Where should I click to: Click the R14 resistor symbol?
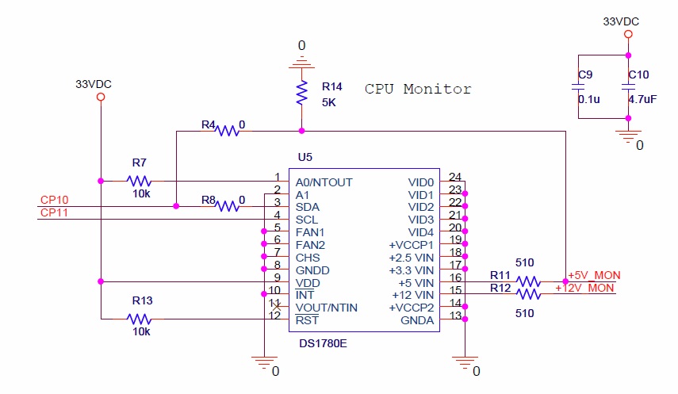coord(301,93)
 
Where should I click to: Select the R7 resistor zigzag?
coord(139,181)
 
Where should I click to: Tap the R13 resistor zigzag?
coord(139,319)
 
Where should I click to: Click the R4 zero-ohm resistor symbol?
coord(227,131)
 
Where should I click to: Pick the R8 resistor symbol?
coord(227,206)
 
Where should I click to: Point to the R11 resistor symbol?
coord(528,281)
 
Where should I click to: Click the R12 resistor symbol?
coord(528,294)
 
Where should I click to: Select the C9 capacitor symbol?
coord(578,86)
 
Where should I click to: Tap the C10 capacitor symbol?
coord(628,86)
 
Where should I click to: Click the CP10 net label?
coord(54,200)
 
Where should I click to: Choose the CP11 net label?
coord(54,212)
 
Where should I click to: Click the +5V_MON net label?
coord(594,275)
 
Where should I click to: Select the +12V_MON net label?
coord(584,288)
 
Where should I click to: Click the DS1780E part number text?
coord(323,343)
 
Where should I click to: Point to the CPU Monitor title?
coord(418,89)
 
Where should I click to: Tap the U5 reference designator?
coord(305,157)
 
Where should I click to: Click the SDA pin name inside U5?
coord(308,207)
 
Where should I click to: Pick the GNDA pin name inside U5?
coord(417,320)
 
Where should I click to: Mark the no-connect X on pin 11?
coord(277,307)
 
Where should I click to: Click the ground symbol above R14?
coord(301,63)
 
